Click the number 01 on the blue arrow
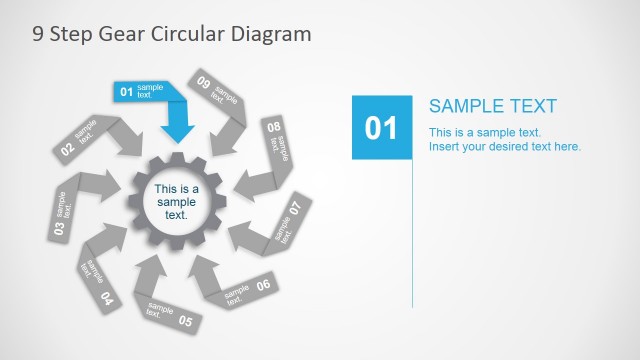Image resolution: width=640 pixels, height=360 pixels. coord(127,92)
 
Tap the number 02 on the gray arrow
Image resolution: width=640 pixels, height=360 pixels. coord(67,149)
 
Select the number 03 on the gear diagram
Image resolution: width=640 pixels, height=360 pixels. coord(59,228)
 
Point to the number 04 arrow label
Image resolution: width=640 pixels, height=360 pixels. coord(107,298)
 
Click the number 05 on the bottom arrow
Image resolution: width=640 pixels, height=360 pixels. coord(185,321)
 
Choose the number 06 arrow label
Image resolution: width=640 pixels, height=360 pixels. coord(263,285)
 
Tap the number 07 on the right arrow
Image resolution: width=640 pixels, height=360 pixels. coord(295,209)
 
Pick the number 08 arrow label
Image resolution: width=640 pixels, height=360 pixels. coord(273,127)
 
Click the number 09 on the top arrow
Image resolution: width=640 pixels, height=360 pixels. coord(204,82)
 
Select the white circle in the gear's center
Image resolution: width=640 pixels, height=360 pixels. coord(176,201)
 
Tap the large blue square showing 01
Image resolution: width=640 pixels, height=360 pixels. coord(381,127)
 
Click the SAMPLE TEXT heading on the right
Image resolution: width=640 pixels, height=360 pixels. coord(493,107)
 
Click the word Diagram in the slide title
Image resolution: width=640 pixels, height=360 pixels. coord(271,34)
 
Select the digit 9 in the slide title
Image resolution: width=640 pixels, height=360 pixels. coord(38,34)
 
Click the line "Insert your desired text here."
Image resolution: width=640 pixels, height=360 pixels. coord(505,147)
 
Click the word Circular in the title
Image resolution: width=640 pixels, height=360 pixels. coord(186,34)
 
